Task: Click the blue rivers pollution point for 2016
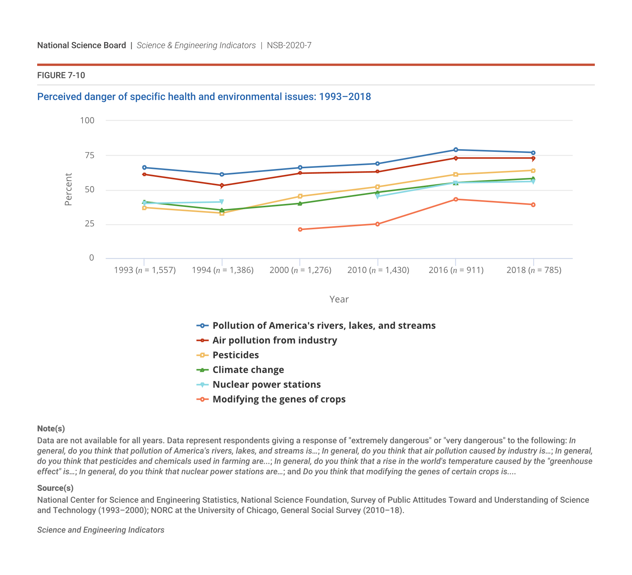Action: click(x=455, y=150)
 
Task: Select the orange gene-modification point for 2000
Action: click(x=300, y=229)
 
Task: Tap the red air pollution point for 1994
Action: click(x=222, y=185)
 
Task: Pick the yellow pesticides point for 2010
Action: click(x=377, y=187)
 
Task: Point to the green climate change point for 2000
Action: click(x=300, y=203)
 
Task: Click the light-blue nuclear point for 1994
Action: click(x=222, y=202)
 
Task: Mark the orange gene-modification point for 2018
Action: click(x=533, y=205)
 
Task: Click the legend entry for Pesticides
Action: click(x=235, y=355)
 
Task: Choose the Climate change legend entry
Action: click(x=248, y=370)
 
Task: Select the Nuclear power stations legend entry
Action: click(x=266, y=384)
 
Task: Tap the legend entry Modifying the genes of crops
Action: click(x=279, y=399)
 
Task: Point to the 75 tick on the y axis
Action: click(x=90, y=155)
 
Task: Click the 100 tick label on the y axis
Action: click(x=87, y=121)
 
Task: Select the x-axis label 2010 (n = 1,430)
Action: click(x=378, y=270)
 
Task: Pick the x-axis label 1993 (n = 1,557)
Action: click(x=145, y=270)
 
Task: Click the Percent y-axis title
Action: click(x=68, y=189)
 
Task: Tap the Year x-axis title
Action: click(x=339, y=299)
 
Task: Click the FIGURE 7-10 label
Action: click(x=61, y=76)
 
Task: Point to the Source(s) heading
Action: click(x=55, y=488)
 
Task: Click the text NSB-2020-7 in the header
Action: click(x=289, y=45)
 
